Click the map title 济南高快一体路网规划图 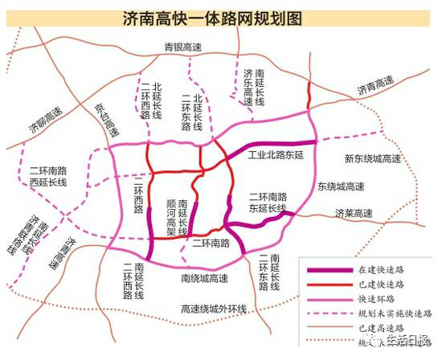click(x=221, y=18)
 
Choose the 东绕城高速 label click(x=341, y=187)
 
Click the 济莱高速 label click(x=353, y=213)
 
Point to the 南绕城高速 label click(x=204, y=280)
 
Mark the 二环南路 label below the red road click(x=210, y=241)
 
